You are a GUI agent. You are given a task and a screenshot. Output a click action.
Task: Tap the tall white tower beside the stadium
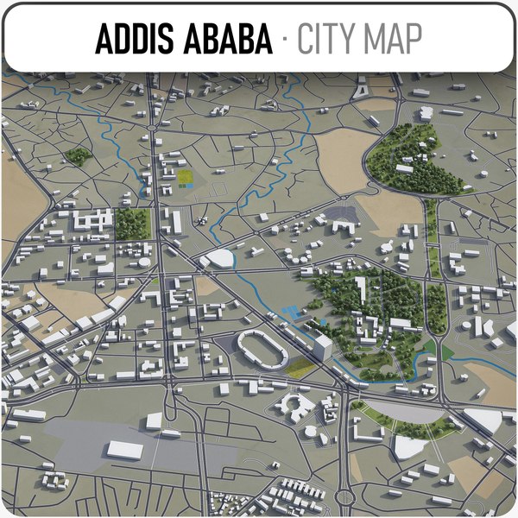coord(323,348)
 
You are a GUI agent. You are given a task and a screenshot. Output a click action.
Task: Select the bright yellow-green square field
coord(186,178)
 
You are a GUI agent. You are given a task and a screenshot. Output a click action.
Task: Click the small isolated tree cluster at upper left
coord(78,155)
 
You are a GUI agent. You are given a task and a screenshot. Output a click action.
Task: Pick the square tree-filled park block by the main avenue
coord(133,224)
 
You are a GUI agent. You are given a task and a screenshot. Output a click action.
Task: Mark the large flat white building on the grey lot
coord(125,450)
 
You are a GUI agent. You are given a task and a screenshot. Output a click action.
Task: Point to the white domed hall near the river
coord(221,258)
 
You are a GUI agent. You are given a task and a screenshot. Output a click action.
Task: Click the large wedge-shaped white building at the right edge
coord(485,420)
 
